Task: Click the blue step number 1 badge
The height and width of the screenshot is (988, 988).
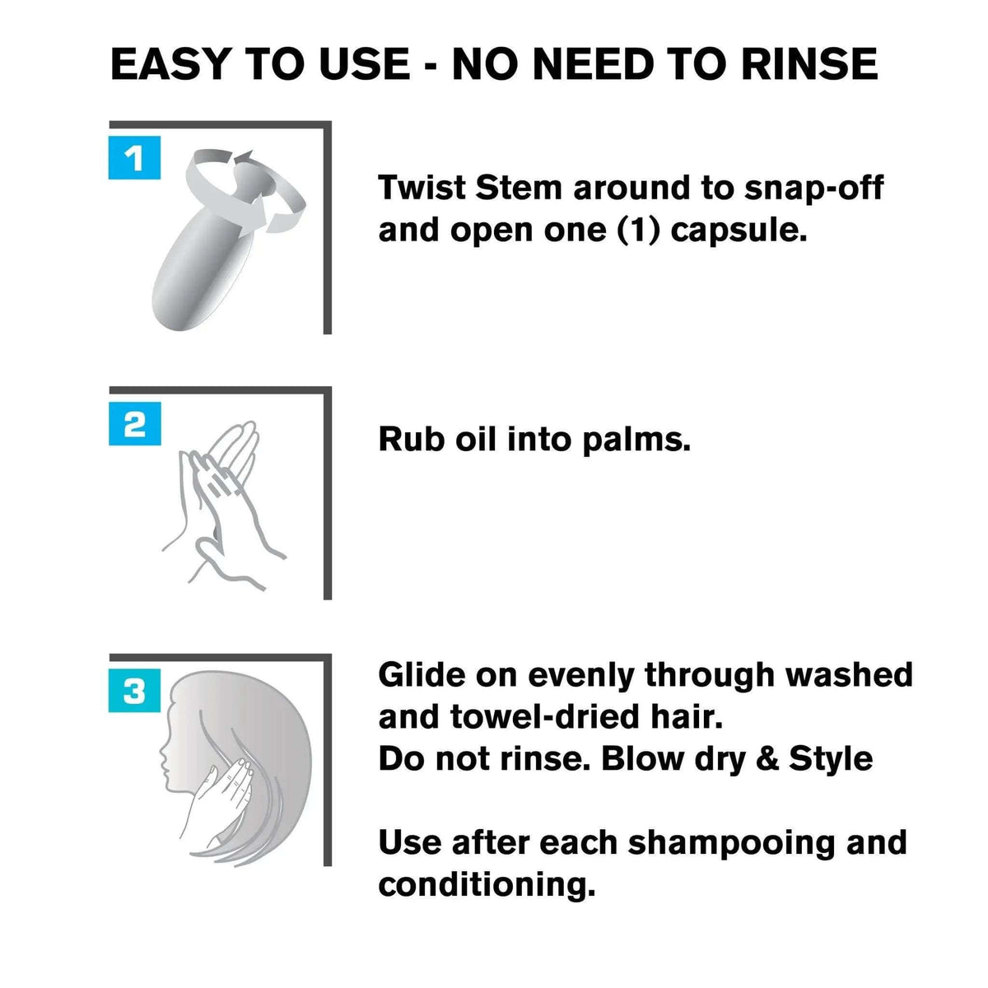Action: [134, 157]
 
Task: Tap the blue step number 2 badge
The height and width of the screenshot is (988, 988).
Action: [135, 423]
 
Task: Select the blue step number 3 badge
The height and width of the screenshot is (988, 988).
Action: [134, 690]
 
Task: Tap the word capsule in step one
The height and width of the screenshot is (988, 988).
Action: [739, 231]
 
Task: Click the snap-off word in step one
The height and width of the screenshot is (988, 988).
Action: [813, 189]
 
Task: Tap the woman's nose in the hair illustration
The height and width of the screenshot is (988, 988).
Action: [162, 753]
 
